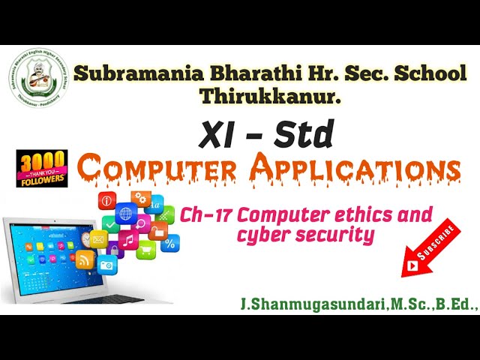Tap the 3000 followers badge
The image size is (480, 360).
(42, 168)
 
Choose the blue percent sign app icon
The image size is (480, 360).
(170, 242)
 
